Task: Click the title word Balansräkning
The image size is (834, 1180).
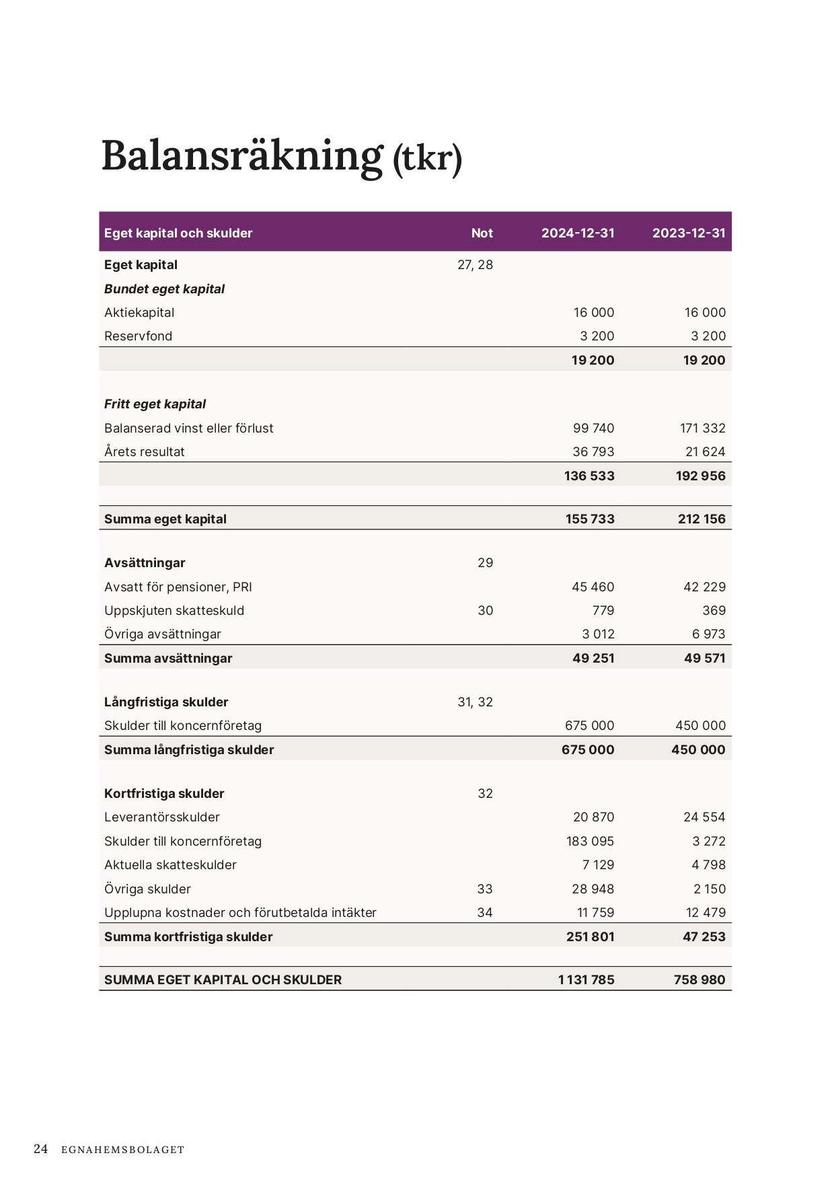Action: pos(242,156)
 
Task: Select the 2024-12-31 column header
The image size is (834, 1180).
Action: pos(578,233)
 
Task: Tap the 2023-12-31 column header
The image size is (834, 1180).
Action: pos(689,233)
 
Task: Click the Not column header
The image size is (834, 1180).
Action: pos(482,233)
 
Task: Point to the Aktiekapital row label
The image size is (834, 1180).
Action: pos(139,312)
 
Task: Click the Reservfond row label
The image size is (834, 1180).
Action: pos(138,336)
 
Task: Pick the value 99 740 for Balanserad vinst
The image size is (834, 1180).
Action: pos(593,428)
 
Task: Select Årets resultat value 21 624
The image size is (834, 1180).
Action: pos(705,451)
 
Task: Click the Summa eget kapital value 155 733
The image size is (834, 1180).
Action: pos(589,519)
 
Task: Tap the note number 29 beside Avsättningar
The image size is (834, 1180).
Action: pos(485,562)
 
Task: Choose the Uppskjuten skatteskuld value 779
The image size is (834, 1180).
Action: pos(603,610)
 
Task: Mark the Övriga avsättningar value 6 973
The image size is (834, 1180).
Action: pos(709,634)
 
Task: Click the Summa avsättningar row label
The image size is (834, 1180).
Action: pos(168,658)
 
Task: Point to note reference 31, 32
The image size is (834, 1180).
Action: pos(475,702)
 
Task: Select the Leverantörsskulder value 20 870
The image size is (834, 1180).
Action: pos(593,817)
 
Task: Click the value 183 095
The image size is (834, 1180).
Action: pos(590,841)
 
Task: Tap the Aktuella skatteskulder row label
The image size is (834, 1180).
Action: pos(170,864)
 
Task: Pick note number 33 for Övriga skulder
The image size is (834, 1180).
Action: pos(484,889)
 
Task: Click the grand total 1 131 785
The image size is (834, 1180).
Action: pos(586,980)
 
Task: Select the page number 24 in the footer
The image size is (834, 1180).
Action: pos(40,1148)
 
